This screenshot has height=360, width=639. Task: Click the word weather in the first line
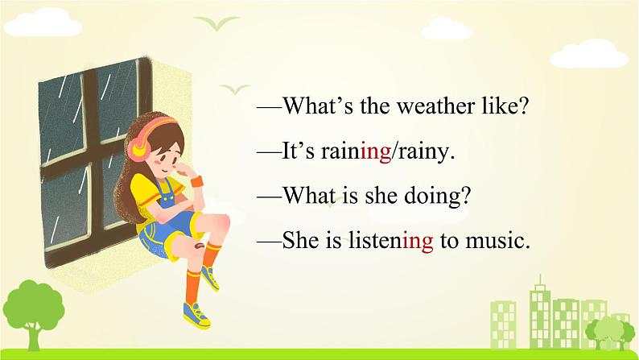coord(435,106)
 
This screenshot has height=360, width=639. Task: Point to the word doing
coord(437,196)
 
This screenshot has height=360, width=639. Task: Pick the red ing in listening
coord(418,241)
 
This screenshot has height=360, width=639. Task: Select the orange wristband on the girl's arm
coord(197,181)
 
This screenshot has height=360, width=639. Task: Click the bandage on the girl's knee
coord(200,246)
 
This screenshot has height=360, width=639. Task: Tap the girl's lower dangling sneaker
coord(196,315)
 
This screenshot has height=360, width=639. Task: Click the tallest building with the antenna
coord(540,312)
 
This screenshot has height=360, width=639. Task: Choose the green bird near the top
coord(216,23)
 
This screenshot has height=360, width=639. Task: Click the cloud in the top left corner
coord(43,23)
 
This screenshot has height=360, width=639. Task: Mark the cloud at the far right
coord(589,54)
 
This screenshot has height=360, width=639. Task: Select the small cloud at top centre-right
coord(447,28)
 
